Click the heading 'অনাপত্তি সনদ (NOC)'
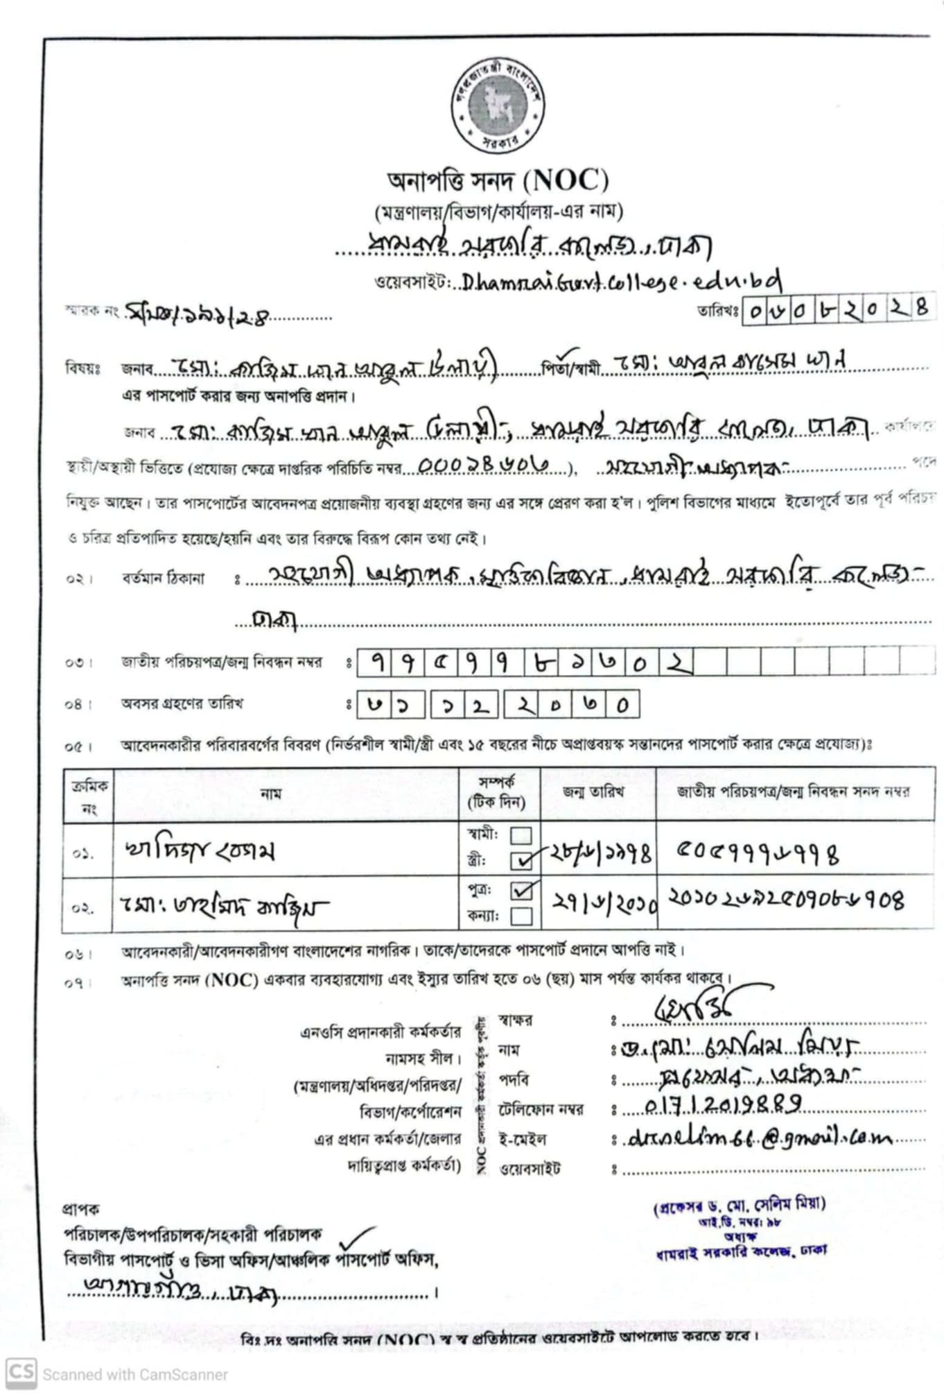[498, 181]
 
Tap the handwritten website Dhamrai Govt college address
[622, 281]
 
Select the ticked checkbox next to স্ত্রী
[521, 861]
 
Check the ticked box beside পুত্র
[521, 890]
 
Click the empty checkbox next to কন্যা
[521, 916]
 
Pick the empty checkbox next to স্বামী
[521, 835]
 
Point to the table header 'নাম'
[271, 794]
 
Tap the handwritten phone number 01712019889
[723, 1103]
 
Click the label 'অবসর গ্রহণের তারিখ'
[182, 703]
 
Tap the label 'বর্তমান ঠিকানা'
[163, 578]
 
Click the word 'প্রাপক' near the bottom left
[81, 1209]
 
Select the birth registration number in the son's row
[786, 900]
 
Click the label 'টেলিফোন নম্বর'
[541, 1110]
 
